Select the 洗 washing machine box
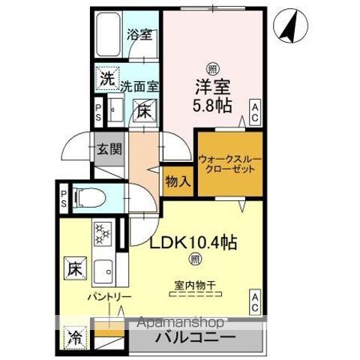tap(107, 77)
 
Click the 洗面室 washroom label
tap(140, 85)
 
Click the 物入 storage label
tap(177, 181)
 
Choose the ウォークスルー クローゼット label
tap(229, 164)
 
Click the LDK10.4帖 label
tap(196, 243)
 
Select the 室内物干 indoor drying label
tap(194, 285)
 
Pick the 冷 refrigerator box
tap(75, 336)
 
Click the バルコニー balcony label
tap(196, 337)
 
